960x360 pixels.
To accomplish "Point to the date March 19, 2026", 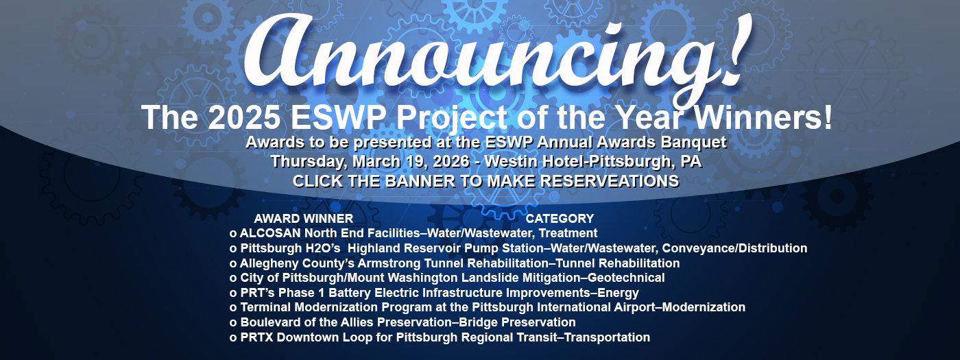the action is click(411, 162).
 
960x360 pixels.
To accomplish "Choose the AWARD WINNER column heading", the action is click(303, 219).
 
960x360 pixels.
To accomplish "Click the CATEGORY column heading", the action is click(560, 219).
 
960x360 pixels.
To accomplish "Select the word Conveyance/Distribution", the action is click(734, 248).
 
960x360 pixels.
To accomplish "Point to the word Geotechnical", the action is click(626, 278).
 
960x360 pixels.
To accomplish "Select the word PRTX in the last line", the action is click(256, 337).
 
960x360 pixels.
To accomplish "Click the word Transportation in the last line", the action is click(608, 337).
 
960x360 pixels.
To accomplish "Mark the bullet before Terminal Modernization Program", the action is click(233, 308).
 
